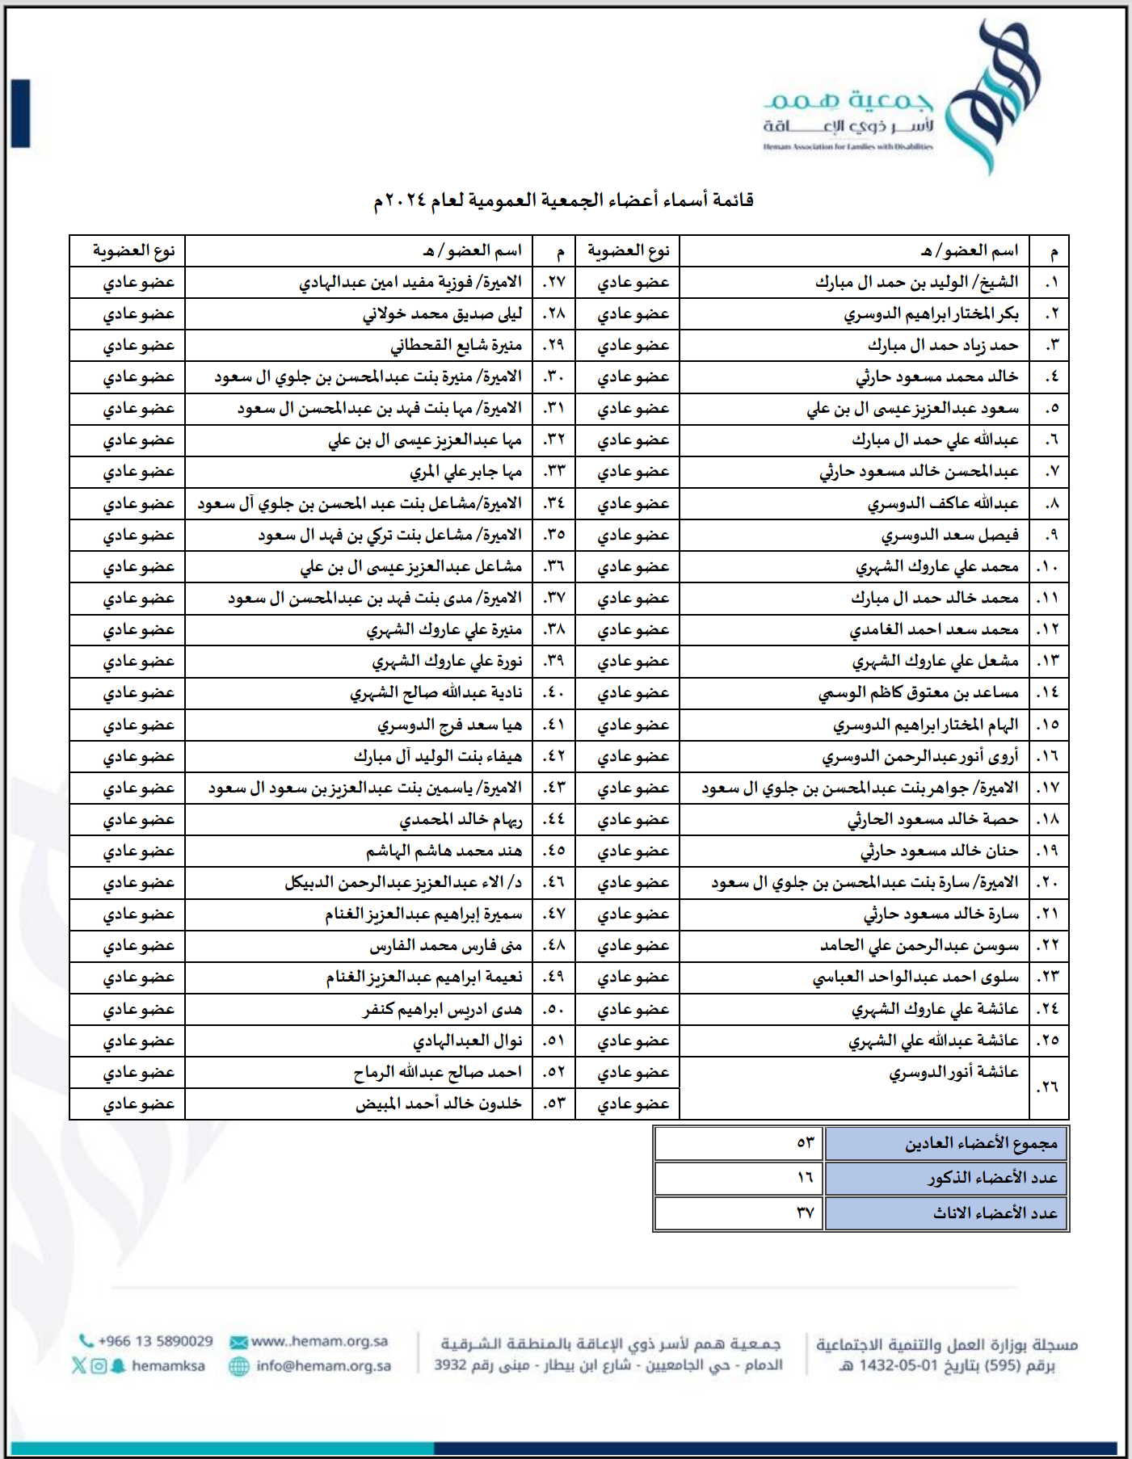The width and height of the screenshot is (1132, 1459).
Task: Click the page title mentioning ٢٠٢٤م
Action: [563, 200]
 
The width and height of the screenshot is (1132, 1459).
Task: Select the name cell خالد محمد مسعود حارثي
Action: [936, 377]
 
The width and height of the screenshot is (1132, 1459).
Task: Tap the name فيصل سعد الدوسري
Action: [949, 536]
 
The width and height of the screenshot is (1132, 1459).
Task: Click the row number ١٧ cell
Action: [1049, 788]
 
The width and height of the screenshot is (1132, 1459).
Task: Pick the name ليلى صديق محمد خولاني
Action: [442, 314]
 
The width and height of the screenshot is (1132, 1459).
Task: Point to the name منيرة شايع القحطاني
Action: [456, 346]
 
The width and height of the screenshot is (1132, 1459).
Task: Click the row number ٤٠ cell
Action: [553, 693]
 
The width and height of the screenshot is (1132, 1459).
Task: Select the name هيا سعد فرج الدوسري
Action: [449, 725]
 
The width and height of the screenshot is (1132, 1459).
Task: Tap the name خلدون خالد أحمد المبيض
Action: [438, 1104]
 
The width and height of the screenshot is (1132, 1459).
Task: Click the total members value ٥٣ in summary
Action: [805, 1143]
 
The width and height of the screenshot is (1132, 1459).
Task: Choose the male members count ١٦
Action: [805, 1178]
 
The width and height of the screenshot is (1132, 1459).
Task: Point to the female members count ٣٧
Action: [805, 1213]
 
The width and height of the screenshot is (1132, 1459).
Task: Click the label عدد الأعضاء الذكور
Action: [992, 1178]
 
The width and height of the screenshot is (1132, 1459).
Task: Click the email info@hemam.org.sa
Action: [323, 1366]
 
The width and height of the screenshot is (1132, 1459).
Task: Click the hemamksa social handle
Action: [168, 1366]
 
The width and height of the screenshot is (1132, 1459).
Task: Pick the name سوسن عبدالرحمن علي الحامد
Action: [919, 946]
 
